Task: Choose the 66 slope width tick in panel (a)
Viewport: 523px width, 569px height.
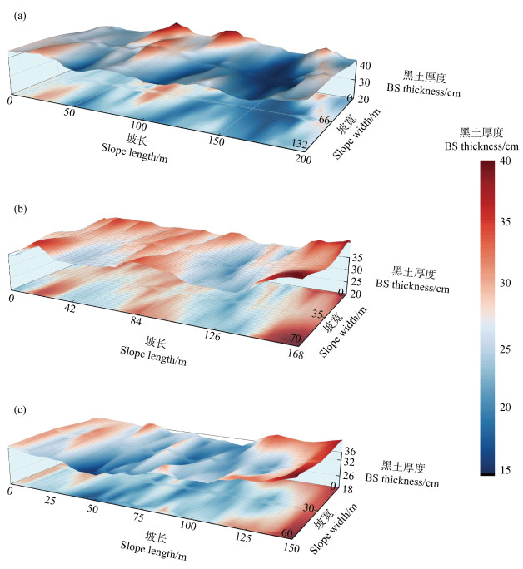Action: [x=326, y=121]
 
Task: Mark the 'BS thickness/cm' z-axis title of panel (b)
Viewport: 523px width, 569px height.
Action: [x=412, y=287]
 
